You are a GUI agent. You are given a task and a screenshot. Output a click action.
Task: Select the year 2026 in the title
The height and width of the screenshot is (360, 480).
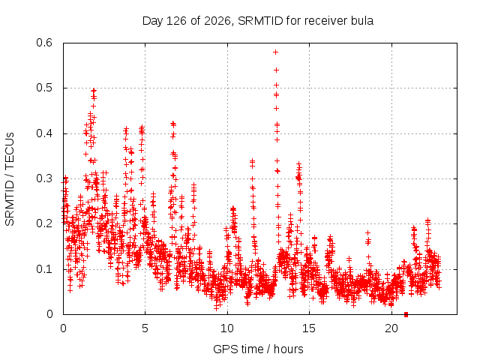point(217,21)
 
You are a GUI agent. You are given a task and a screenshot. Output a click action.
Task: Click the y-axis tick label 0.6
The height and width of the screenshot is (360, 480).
point(44,43)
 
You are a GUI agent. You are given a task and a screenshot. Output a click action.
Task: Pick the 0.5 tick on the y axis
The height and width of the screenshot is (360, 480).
point(44,88)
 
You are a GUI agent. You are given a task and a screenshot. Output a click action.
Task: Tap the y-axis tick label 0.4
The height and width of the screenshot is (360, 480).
point(44,133)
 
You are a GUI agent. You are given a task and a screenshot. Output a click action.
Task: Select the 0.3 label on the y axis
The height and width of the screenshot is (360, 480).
point(44,178)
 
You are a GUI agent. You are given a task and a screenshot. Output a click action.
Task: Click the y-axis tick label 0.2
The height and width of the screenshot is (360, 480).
point(44,223)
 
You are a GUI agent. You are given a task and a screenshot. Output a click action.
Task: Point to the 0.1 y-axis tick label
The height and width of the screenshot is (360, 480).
point(44,269)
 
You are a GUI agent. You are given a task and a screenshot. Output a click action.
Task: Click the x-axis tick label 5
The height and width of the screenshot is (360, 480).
point(145,328)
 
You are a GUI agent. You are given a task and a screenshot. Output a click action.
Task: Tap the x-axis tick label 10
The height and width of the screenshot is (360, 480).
point(227,328)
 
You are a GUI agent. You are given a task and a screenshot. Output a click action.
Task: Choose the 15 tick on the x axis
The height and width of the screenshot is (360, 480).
point(309,328)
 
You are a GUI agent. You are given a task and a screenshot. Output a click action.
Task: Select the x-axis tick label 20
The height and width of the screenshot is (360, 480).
point(391,328)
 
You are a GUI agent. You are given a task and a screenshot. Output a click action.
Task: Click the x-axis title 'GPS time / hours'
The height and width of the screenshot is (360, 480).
point(258,349)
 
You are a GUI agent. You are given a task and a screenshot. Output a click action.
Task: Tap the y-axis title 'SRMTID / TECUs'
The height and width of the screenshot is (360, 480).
point(10,179)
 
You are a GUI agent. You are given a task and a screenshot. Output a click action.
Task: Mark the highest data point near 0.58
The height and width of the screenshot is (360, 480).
point(275,52)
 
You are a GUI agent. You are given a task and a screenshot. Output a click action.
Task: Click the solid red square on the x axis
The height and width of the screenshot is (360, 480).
point(406,314)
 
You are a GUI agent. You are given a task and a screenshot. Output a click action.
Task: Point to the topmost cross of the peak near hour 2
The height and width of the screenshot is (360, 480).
point(94,90)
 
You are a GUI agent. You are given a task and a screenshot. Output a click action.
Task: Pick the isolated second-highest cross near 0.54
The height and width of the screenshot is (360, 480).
point(276,70)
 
